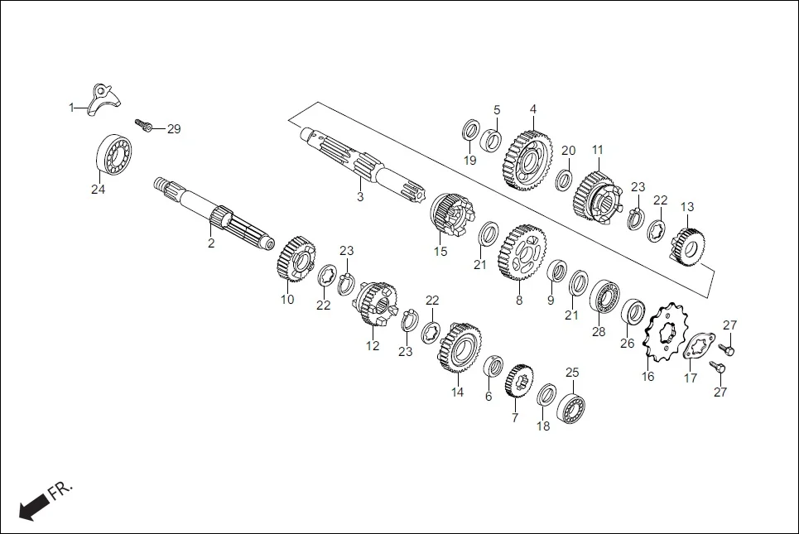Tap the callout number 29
pos(173,129)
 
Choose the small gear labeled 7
pos(519,382)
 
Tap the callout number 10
pos(286,300)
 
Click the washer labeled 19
pos(470,130)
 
